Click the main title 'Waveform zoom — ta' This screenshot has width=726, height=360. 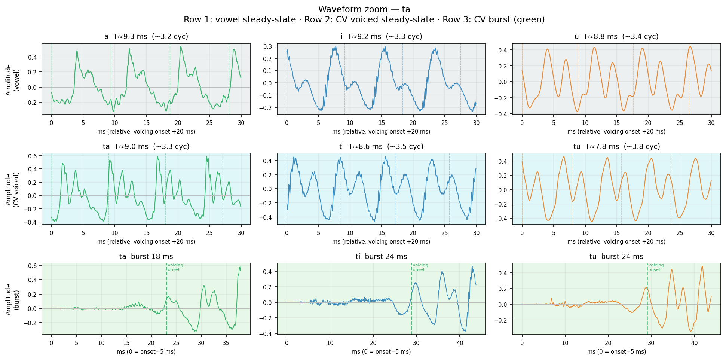point(364,9)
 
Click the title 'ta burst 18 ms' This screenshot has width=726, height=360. point(146,257)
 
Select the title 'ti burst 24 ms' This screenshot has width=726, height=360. point(381,257)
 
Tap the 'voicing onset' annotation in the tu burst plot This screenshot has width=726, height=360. point(656,267)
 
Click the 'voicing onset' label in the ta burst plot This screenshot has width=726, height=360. point(175,267)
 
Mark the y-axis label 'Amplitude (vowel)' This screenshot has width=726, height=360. point(12,79)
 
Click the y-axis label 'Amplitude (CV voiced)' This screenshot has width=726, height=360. point(12,189)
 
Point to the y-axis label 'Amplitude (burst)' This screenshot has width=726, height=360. point(12,299)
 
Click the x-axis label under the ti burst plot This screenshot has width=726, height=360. point(381,352)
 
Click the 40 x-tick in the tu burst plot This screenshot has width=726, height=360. point(694,343)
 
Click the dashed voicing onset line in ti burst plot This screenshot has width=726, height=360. point(411,299)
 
